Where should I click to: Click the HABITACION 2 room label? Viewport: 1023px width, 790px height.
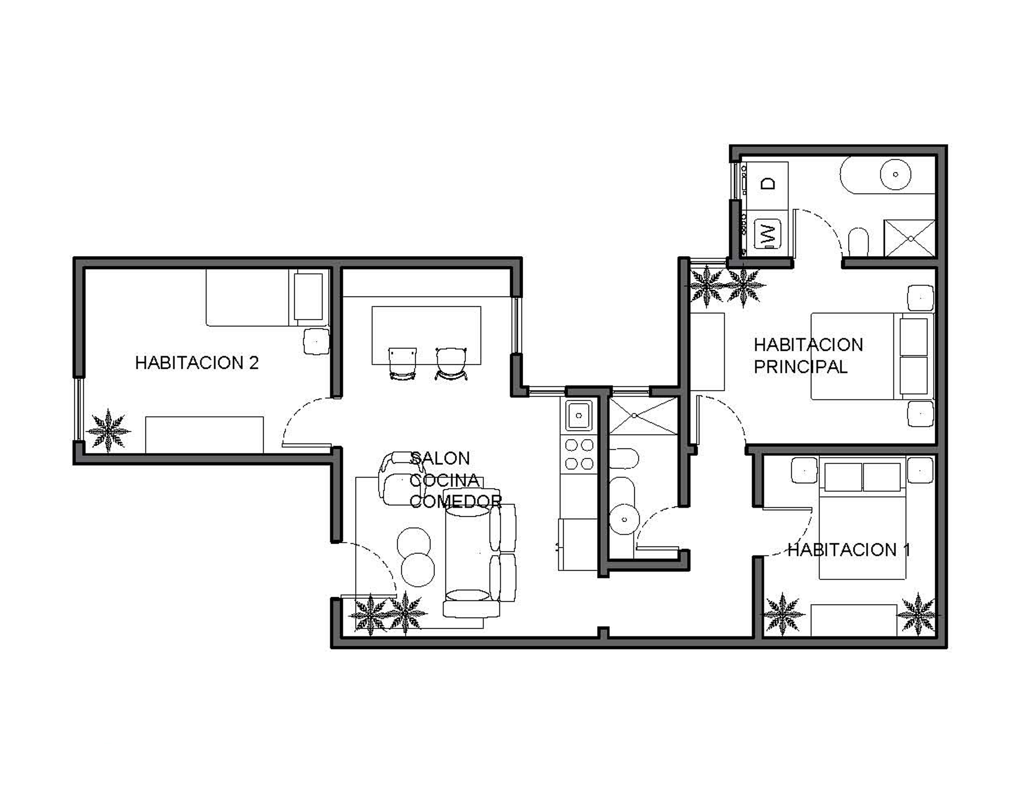[x=197, y=363]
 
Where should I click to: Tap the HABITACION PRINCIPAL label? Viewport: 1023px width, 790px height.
[x=808, y=355]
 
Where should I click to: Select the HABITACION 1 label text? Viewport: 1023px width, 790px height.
[x=849, y=550]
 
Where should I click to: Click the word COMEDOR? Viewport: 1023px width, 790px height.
[x=455, y=501]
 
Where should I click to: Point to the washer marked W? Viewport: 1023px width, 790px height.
[x=767, y=234]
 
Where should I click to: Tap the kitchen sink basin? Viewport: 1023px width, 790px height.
[x=579, y=415]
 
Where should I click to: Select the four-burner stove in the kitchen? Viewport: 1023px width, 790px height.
[x=579, y=454]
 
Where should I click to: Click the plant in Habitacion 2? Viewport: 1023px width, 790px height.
[x=109, y=431]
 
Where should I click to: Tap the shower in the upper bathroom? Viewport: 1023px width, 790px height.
[x=909, y=238]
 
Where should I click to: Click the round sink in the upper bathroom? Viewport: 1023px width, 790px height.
[x=896, y=175]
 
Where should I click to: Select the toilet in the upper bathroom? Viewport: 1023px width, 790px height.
[x=858, y=242]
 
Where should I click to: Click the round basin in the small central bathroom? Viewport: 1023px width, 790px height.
[x=624, y=519]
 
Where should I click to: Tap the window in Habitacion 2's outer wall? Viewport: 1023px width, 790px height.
[x=79, y=409]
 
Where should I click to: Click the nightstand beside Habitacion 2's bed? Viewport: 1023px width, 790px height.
[x=317, y=342]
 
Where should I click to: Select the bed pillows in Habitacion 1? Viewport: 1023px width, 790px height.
[x=862, y=477]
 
